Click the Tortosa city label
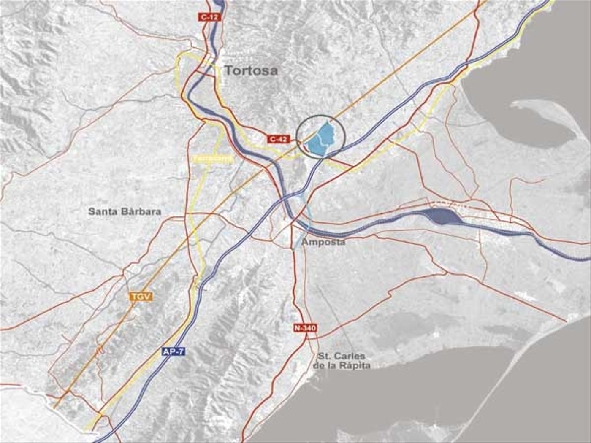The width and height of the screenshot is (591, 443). (x=251, y=70)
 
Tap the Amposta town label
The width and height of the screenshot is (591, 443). (x=323, y=242)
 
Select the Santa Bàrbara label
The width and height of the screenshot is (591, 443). (x=125, y=211)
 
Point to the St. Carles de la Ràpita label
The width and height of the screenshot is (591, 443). (x=342, y=361)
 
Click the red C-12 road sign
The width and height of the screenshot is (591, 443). (x=209, y=17)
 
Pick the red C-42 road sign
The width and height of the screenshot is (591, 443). (x=279, y=139)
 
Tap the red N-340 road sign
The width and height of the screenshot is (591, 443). (x=305, y=328)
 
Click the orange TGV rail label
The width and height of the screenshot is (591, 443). (x=141, y=297)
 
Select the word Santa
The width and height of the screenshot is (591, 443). (x=102, y=211)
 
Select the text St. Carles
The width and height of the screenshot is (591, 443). (x=342, y=356)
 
